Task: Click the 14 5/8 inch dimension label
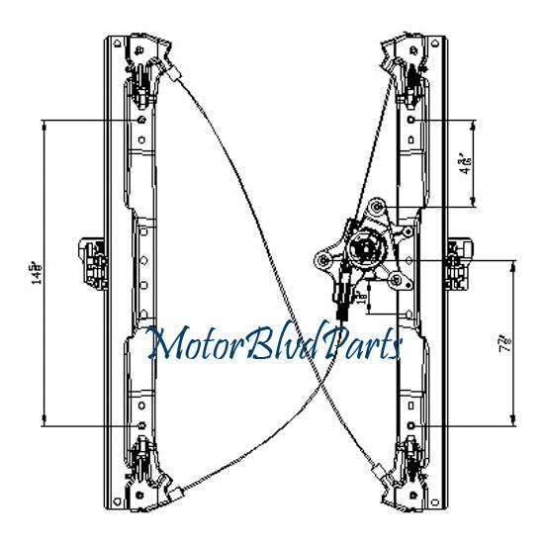(x=37, y=271)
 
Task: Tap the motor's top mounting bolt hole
(x=377, y=207)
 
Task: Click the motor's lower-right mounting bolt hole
(x=396, y=283)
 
